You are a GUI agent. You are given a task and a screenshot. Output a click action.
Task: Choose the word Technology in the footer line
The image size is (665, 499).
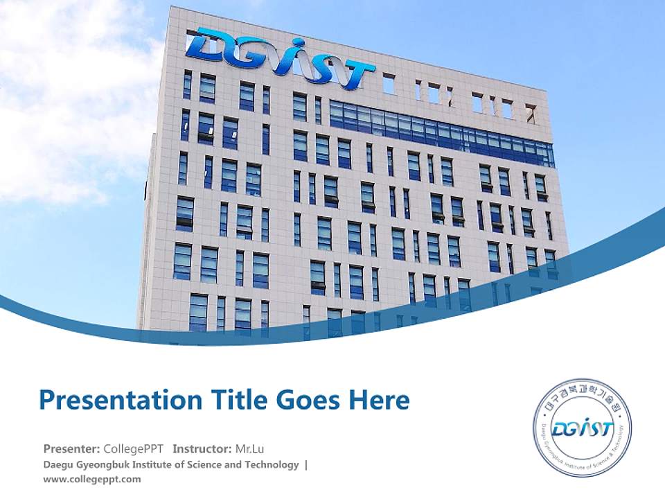coord(272,464)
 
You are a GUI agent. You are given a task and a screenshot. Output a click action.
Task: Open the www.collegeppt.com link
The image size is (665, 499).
coord(91,479)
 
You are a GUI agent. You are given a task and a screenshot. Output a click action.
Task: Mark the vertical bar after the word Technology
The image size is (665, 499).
coord(306,464)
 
